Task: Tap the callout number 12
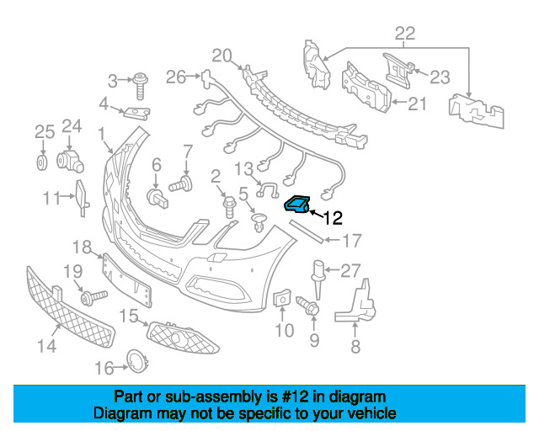[x=333, y=218]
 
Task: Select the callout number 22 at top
[x=405, y=33]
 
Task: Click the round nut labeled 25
[x=41, y=161]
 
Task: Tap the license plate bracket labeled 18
[x=126, y=279]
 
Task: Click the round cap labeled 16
[x=136, y=361]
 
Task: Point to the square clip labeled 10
[x=283, y=298]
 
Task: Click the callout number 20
[x=221, y=56]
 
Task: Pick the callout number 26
[x=175, y=77]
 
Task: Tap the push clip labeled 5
[x=259, y=223]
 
